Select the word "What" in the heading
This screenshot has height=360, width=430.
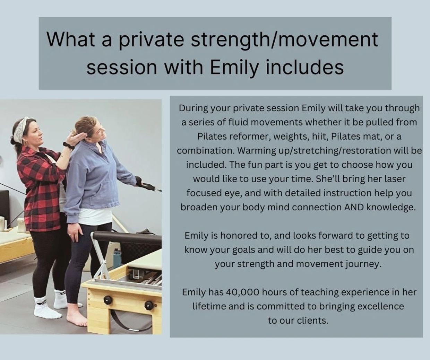[70, 39]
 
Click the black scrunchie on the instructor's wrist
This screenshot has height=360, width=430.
[69, 146]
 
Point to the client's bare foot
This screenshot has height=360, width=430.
[77, 318]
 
